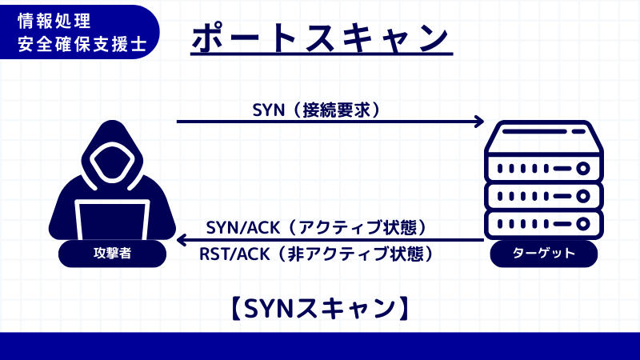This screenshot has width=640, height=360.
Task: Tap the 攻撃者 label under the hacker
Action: click(112, 254)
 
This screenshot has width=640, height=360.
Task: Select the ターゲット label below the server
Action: click(543, 254)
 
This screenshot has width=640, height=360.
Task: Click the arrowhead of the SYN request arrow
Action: click(480, 122)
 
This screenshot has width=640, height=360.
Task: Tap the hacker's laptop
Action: click(112, 220)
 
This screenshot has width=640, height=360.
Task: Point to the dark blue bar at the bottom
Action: click(320, 346)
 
